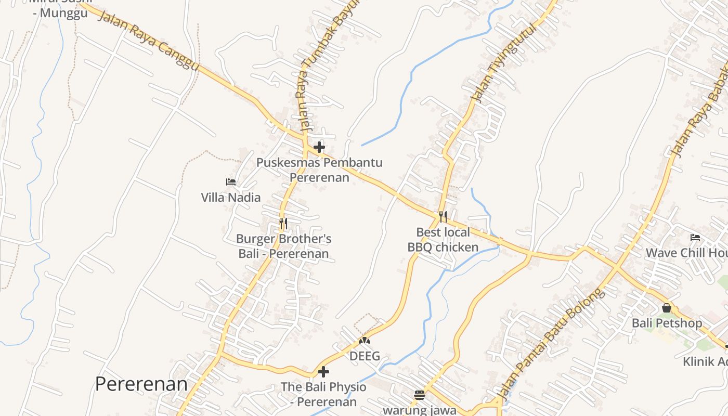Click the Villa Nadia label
click(231, 197)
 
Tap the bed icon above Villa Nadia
click(231, 182)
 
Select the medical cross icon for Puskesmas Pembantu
click(319, 147)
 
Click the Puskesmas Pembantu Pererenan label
click(319, 170)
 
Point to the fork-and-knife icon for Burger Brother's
click(283, 224)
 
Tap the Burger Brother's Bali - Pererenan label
click(283, 246)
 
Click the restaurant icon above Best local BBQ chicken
click(443, 217)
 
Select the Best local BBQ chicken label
click(443, 240)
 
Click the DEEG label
click(365, 356)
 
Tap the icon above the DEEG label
click(365, 341)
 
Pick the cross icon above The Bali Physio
click(323, 372)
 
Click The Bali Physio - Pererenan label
click(323, 394)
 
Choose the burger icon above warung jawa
click(420, 395)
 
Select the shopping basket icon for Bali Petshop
click(667, 308)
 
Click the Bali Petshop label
click(667, 323)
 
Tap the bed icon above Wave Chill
click(695, 238)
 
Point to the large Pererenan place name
click(141, 384)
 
